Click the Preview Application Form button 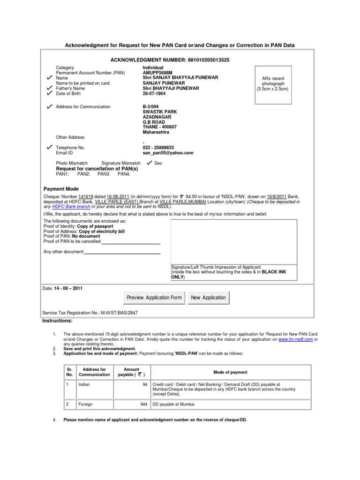(x=154, y=298)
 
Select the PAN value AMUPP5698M (x=158, y=73)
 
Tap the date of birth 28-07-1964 (x=154, y=93)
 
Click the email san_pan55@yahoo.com (x=168, y=152)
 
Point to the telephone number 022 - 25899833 (x=161, y=147)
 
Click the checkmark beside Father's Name (x=50, y=88)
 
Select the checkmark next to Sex (x=150, y=163)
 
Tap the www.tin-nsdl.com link (x=295, y=338)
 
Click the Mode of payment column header (x=230, y=372)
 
